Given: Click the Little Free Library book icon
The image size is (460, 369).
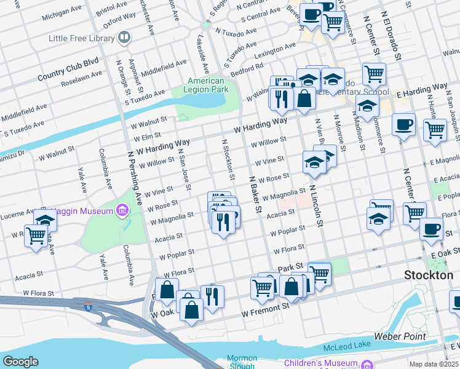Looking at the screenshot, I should [x=125, y=38].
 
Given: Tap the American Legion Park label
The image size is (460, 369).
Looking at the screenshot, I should [x=206, y=85].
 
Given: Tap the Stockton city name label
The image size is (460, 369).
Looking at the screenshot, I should [x=428, y=276].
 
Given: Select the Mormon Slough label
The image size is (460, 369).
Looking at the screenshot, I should [x=242, y=362].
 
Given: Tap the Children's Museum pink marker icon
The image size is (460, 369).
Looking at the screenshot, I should [x=367, y=363].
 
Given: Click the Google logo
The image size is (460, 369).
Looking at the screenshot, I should [x=20, y=361].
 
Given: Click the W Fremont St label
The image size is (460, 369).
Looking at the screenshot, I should [x=265, y=309].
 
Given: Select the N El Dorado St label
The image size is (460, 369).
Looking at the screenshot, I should [x=390, y=37].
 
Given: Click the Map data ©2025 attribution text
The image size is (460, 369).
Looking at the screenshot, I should [x=433, y=364].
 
